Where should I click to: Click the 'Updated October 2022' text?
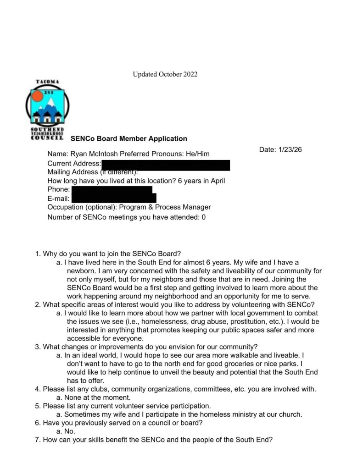165,74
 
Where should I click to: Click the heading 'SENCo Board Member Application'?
128,138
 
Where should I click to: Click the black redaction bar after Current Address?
165,164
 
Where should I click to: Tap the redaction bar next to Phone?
112,190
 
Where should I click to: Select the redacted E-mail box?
114,199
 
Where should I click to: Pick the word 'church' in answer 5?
290,414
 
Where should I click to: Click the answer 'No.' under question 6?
70,431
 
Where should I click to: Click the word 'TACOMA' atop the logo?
48,82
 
